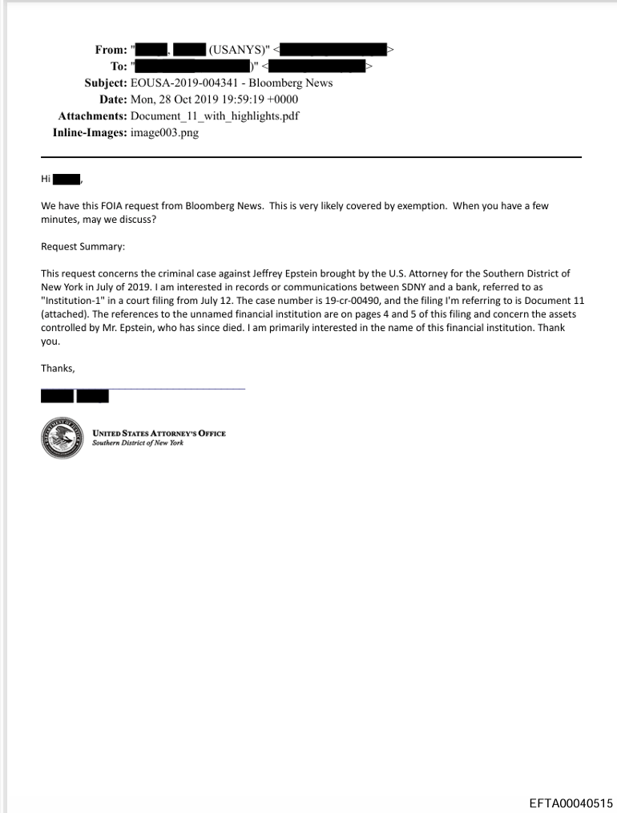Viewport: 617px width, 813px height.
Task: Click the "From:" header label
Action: [111, 50]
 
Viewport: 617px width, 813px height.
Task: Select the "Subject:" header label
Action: [105, 83]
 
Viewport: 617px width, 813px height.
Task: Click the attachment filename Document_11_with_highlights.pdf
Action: [215, 116]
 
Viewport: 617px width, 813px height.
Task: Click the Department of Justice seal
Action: [63, 438]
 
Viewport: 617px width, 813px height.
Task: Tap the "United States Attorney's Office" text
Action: [159, 434]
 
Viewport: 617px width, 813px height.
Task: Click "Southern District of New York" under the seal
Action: [138, 443]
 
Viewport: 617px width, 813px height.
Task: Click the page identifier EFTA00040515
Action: [571, 803]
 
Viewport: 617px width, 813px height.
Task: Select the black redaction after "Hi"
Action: [67, 179]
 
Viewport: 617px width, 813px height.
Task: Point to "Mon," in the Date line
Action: [144, 99]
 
